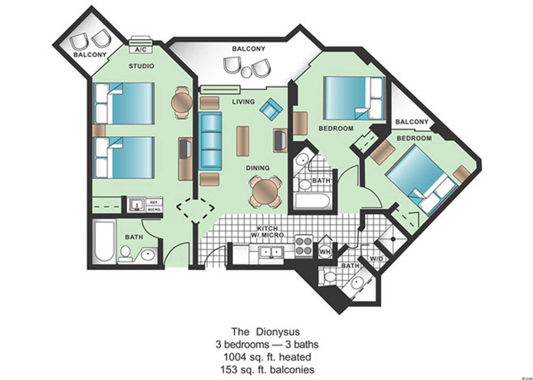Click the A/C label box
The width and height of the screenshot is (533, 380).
coord(141,49)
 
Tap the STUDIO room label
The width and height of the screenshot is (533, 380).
coord(141,66)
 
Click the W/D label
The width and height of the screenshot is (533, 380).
coord(376,259)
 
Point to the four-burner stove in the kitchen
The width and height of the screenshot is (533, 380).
coord(304,245)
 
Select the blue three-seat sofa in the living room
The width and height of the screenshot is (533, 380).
coord(210,141)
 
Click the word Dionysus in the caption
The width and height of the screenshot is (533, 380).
coord(278,332)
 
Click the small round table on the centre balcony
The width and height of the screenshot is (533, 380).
coord(246,72)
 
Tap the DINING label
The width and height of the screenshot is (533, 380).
coord(258,168)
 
